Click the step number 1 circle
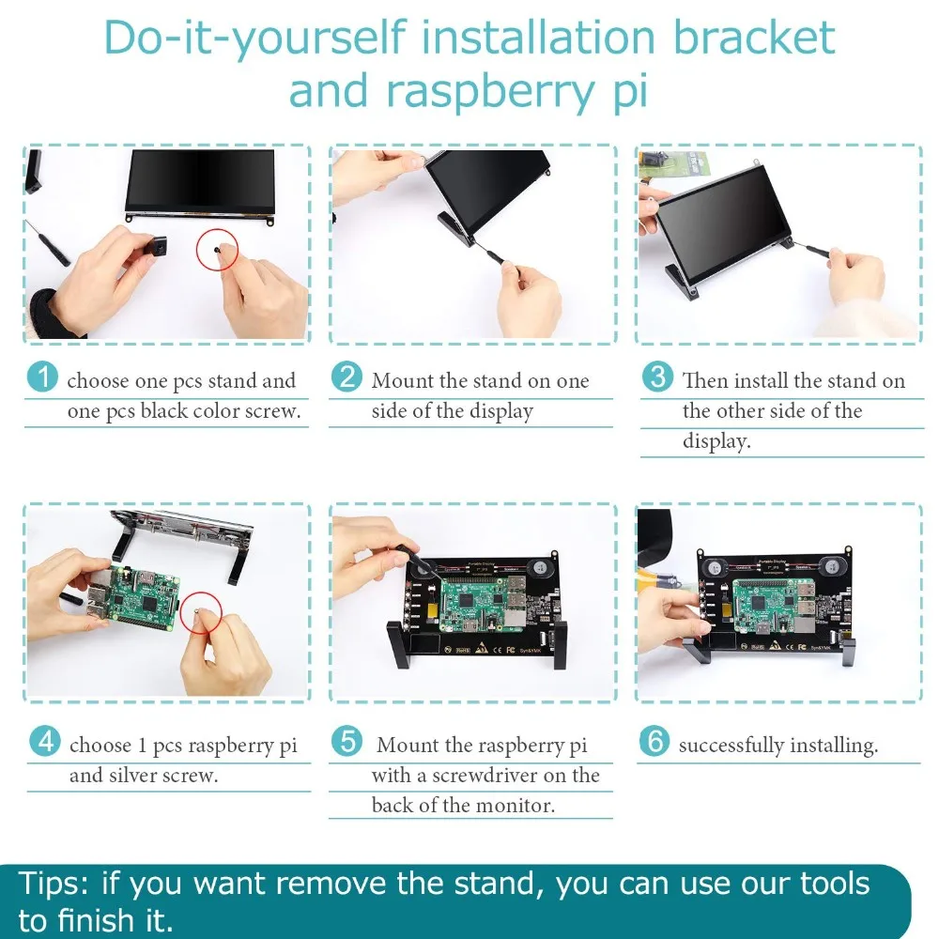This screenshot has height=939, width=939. click(42, 377)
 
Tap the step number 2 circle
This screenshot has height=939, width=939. click(346, 377)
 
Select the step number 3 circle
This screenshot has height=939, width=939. click(657, 377)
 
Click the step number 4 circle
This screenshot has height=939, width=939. click(45, 742)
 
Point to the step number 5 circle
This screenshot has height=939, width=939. click(347, 741)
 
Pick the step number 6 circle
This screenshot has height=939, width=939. click(654, 741)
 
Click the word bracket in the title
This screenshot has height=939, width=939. click(754, 38)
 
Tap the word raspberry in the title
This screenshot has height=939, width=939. click(489, 93)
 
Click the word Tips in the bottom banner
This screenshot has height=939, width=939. click(54, 884)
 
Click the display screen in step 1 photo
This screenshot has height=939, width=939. click(200, 181)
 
